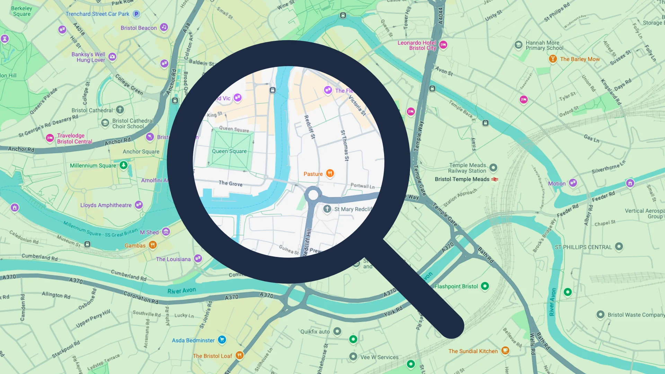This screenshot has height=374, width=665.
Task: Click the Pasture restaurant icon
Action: tap(330, 173)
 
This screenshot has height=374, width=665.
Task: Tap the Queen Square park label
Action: tap(229, 151)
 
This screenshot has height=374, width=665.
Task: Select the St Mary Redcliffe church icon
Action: tap(327, 209)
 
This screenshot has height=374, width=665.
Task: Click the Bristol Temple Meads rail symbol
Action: tap(495, 179)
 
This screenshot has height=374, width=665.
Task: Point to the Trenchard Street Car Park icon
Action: tap(136, 14)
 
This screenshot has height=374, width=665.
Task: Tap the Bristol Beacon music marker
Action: tap(164, 27)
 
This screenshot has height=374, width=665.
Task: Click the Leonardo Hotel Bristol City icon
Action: tap(443, 45)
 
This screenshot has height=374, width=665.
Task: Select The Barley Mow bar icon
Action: tap(553, 59)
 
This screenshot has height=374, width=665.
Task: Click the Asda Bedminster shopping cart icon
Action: tap(222, 340)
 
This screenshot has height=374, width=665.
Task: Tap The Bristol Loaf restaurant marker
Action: tap(239, 355)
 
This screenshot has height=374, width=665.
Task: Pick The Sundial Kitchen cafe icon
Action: tap(505, 350)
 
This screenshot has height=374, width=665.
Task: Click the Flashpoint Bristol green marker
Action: tap(485, 286)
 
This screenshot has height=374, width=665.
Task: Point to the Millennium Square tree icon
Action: tap(124, 165)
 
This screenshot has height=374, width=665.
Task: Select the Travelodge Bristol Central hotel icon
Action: tap(50, 138)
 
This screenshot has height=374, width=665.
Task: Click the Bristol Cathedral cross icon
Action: tap(120, 110)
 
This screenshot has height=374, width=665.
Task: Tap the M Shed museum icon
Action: tap(166, 232)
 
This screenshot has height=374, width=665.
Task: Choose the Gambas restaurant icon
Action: tap(153, 245)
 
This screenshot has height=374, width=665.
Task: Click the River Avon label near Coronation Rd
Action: tap(181, 291)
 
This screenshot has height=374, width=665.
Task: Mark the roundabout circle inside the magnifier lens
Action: tap(313, 195)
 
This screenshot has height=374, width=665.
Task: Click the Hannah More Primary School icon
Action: tap(518, 45)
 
